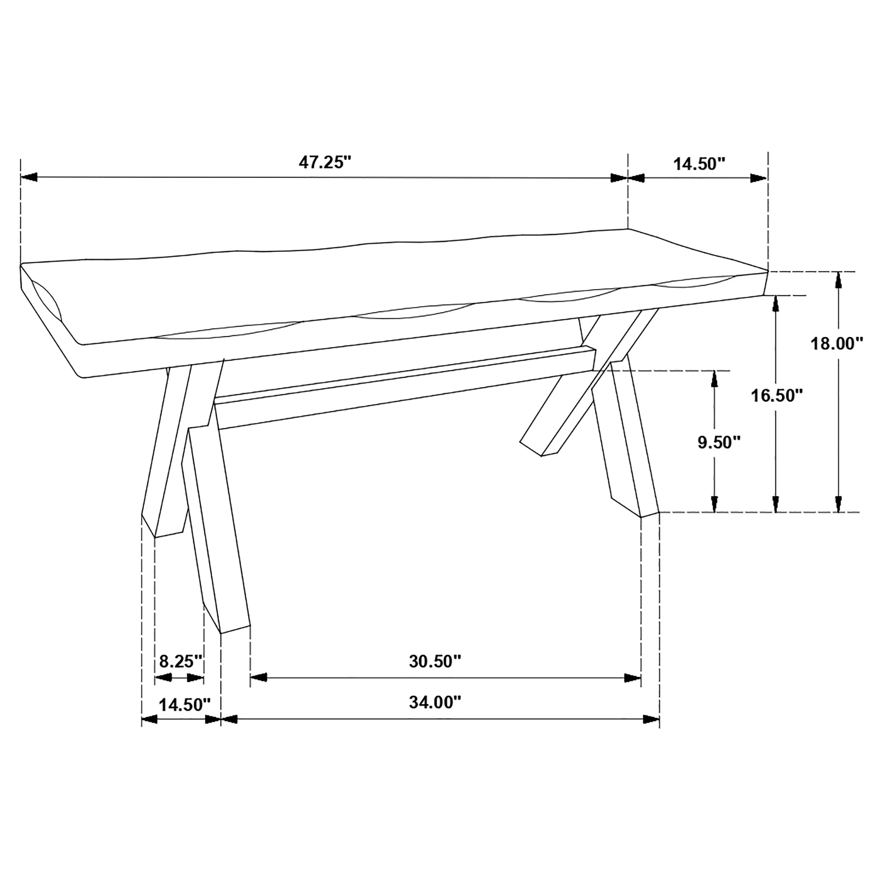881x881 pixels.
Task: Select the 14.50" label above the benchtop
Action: pos(699,164)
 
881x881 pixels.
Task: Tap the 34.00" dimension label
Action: pos(435,702)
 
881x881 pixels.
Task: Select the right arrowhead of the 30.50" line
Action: pos(633,678)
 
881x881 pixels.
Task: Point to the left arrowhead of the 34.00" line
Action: pos(229,720)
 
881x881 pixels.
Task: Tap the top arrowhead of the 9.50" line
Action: pos(715,378)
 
